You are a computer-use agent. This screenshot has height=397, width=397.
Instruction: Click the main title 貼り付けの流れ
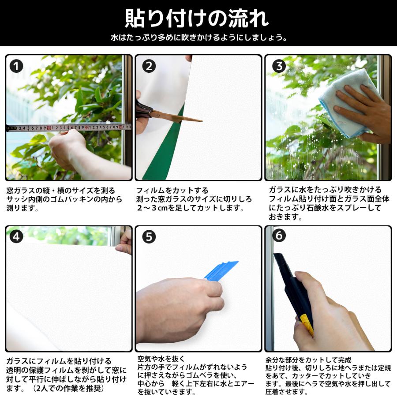point(197,19)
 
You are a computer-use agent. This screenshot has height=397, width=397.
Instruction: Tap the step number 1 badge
point(16,66)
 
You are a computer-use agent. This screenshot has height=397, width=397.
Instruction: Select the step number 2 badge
point(149,66)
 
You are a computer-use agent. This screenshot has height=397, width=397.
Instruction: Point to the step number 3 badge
point(279,66)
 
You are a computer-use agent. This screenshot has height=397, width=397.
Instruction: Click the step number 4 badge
point(16,237)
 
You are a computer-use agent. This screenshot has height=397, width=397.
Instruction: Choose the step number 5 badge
point(149,237)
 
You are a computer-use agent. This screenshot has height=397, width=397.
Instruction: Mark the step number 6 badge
point(279,236)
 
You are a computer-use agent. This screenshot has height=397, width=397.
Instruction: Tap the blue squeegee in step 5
point(221,271)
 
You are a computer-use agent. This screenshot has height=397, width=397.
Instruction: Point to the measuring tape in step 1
point(69,127)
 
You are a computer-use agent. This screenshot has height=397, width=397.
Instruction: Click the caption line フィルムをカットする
point(172,190)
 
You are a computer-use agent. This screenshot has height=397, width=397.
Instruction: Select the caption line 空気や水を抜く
point(161,359)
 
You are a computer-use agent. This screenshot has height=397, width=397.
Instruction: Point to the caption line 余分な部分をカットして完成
point(308,360)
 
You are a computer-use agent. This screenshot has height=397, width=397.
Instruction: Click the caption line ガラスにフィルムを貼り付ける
point(59,361)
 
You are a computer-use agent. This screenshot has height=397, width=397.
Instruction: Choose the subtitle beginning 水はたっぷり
point(199,37)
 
